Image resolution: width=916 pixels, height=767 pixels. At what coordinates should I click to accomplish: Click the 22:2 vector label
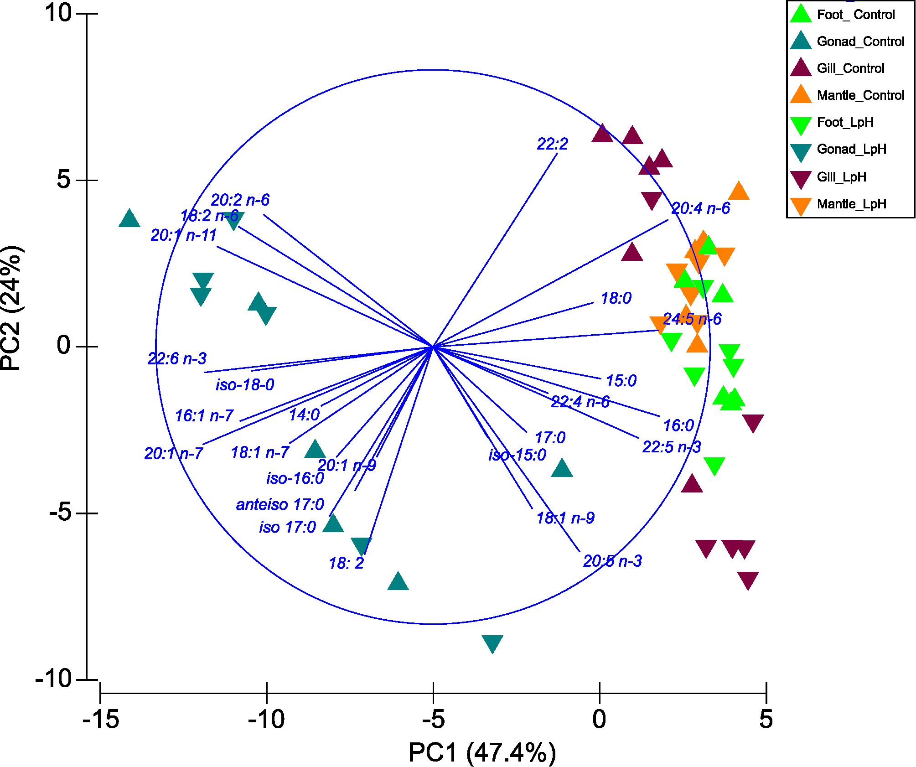tap(552, 144)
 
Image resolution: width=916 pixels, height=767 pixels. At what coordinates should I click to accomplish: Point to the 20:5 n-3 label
tap(612, 561)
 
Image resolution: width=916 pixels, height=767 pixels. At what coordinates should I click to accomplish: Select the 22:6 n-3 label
tap(177, 359)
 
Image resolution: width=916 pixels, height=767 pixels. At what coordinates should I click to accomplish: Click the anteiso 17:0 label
tap(279, 505)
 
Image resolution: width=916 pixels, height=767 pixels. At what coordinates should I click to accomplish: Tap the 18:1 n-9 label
tap(565, 518)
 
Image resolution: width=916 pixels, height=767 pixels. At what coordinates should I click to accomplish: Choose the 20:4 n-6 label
tap(700, 208)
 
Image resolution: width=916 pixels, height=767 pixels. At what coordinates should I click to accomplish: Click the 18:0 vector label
tap(616, 298)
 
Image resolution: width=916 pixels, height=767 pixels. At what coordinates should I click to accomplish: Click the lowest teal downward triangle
tap(492, 643)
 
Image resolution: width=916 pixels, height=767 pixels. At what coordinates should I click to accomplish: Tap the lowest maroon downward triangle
tap(748, 580)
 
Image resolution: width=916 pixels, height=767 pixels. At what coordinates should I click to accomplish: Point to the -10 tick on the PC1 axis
tap(267, 719)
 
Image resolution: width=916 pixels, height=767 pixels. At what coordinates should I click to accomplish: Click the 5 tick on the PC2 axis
tap(64, 180)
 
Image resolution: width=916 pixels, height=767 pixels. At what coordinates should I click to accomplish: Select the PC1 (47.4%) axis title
tap(482, 752)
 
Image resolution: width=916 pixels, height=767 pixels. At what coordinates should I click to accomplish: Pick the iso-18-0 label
tap(245, 385)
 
